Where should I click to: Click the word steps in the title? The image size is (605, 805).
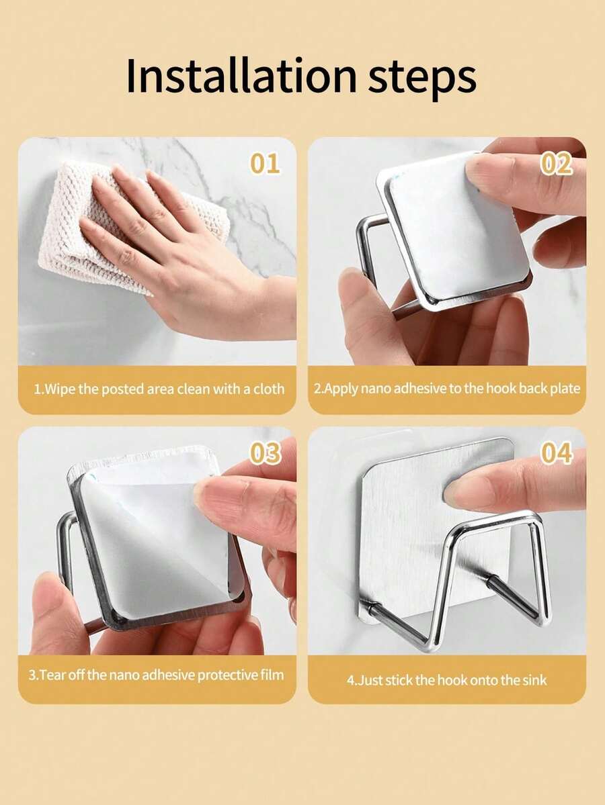click(422, 79)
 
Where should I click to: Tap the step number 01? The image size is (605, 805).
click(265, 163)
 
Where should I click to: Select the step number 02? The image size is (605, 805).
click(556, 164)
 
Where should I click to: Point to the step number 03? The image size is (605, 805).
click(266, 453)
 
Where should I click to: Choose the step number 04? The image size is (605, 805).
click(556, 453)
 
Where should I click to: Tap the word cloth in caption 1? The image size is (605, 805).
click(268, 389)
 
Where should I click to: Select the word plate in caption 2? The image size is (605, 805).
click(565, 389)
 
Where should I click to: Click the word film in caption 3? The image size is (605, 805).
click(272, 674)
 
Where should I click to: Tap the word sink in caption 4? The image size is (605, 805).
click(534, 680)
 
